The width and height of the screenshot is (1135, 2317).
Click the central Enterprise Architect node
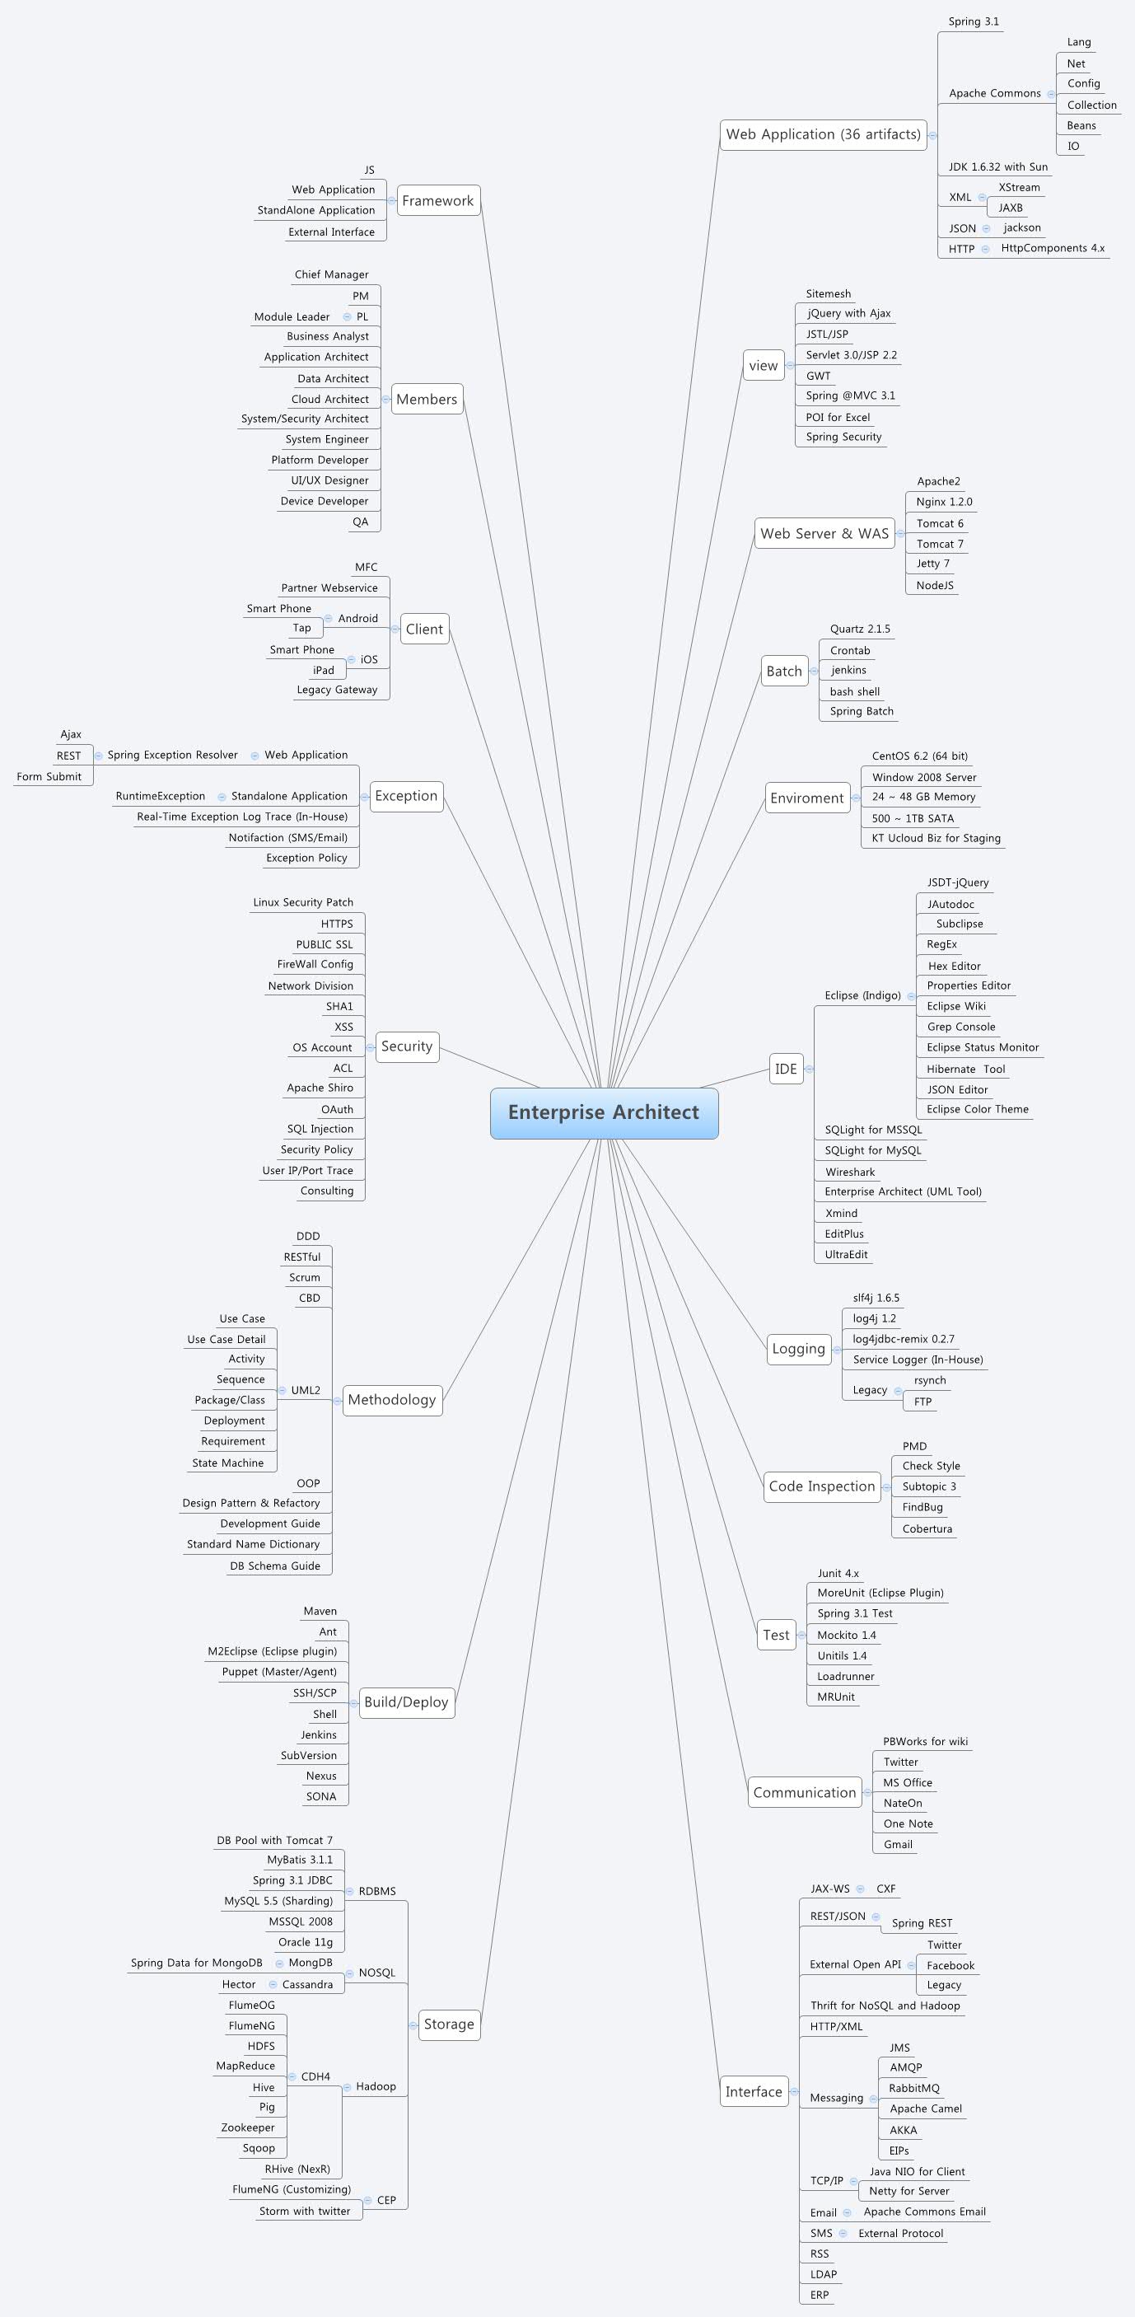(x=604, y=1112)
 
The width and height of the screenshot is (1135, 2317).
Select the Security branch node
(x=407, y=1046)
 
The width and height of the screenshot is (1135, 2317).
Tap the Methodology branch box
(x=392, y=1400)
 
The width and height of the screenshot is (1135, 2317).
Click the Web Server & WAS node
(x=824, y=533)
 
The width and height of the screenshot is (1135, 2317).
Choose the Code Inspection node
(x=821, y=1486)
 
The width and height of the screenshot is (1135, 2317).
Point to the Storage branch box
(x=449, y=2024)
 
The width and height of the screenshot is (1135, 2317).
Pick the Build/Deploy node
(x=405, y=1701)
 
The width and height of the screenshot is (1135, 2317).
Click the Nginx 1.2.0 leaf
(x=943, y=502)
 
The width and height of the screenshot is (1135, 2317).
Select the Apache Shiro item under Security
(x=320, y=1088)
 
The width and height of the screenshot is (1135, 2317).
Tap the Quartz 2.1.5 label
(x=860, y=629)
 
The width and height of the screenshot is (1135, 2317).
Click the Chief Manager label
(x=331, y=274)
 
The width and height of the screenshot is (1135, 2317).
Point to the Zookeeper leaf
(x=247, y=2127)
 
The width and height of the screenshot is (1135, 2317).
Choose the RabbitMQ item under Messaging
(x=913, y=2088)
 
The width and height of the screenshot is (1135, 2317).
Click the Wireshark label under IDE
(x=849, y=1172)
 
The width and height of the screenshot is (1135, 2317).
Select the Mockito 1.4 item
(x=846, y=1636)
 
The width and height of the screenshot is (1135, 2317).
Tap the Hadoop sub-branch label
(x=376, y=2085)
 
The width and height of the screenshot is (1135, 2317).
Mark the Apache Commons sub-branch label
(x=994, y=94)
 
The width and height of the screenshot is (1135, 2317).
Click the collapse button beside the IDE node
(x=810, y=1069)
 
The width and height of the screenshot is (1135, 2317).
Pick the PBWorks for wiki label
(x=924, y=1741)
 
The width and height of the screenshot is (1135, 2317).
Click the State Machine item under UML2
(x=227, y=1463)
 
